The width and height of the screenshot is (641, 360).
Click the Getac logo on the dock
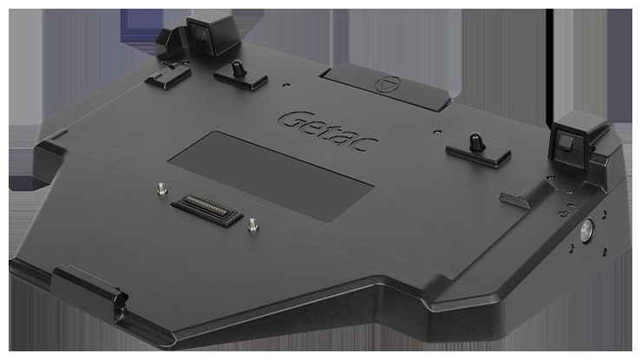click(x=328, y=131)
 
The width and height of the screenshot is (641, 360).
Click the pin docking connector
click(x=207, y=210)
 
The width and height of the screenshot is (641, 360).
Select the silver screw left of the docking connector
click(x=162, y=189)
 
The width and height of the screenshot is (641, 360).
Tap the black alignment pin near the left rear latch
click(x=237, y=68)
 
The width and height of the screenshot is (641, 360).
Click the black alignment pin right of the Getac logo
click(x=475, y=141)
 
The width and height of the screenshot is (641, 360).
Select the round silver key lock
click(x=586, y=228)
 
